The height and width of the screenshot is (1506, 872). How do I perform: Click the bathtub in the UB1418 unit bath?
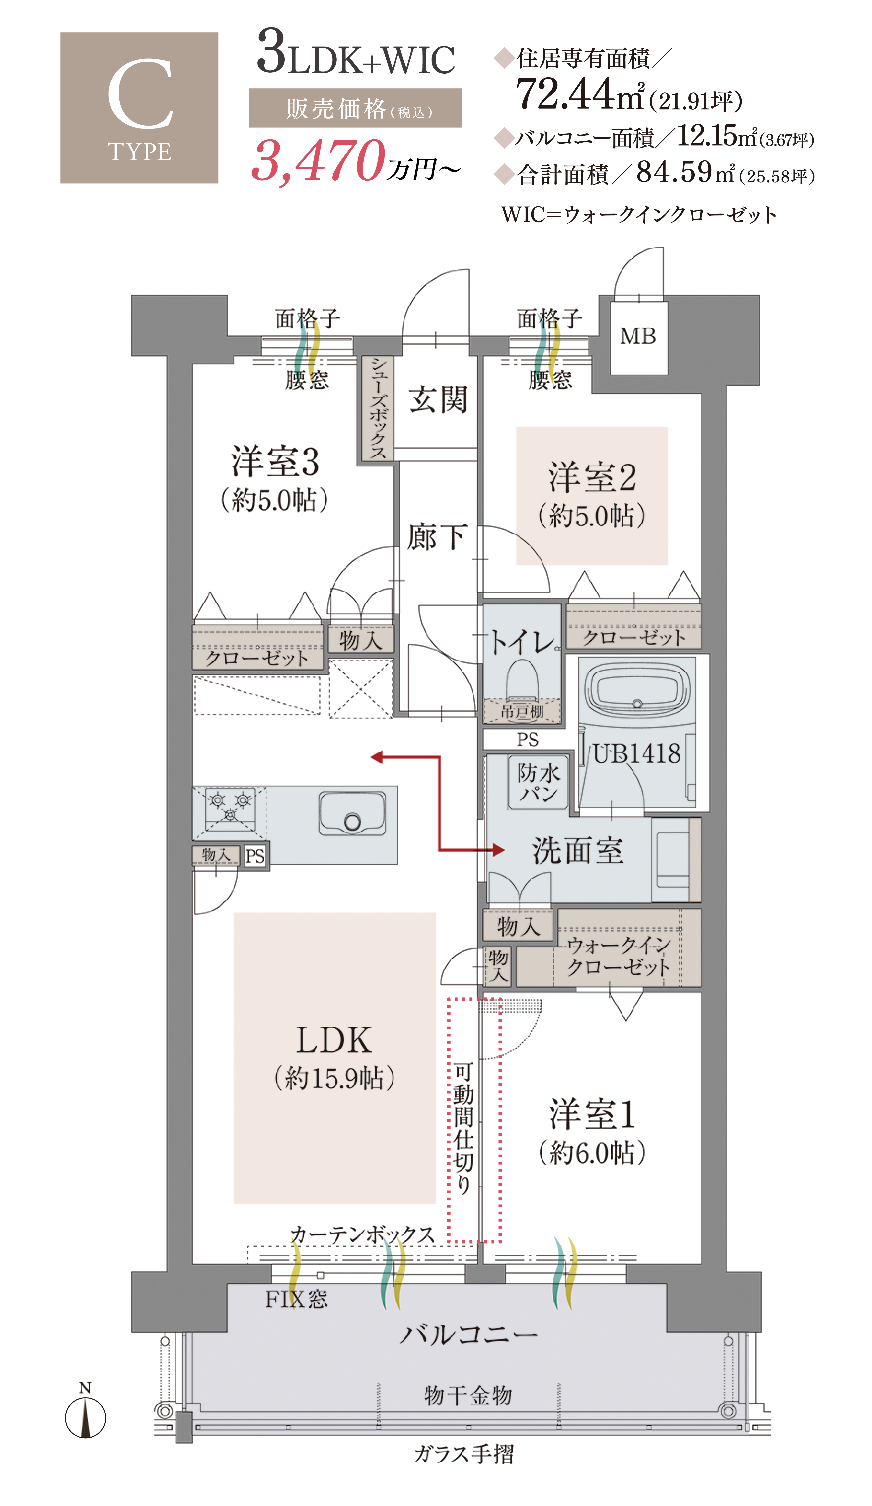coord(637,687)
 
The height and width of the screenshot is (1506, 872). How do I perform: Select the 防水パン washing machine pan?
coord(538,783)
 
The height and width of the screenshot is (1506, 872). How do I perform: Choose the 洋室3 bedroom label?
coord(275,462)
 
